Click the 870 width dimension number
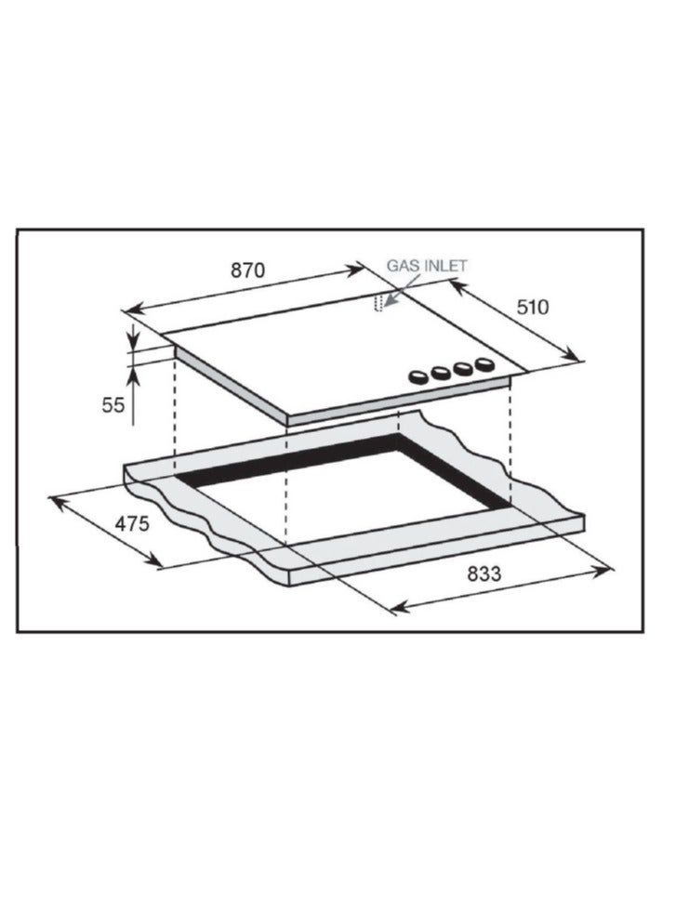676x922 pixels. (x=247, y=270)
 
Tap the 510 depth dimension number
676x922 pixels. (x=533, y=307)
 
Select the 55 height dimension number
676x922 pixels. (x=113, y=405)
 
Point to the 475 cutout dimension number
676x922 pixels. (x=132, y=522)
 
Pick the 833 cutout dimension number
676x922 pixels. (x=484, y=573)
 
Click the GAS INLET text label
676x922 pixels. (x=427, y=266)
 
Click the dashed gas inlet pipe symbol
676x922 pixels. (x=378, y=303)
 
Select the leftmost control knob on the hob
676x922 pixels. (x=418, y=377)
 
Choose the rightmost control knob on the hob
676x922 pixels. (x=484, y=364)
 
